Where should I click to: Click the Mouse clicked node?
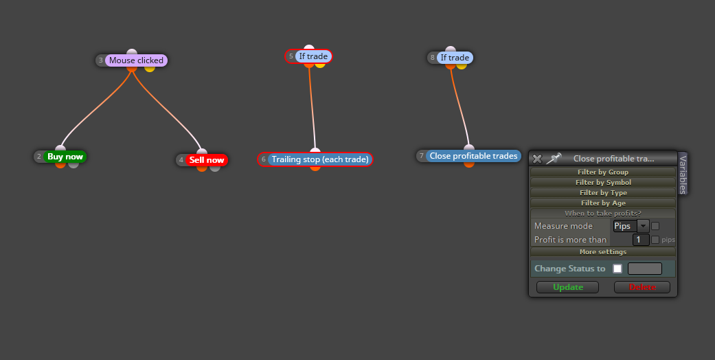(136, 60)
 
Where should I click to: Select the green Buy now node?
(65, 157)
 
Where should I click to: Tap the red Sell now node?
(207, 159)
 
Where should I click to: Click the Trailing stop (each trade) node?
(319, 159)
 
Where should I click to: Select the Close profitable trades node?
(473, 155)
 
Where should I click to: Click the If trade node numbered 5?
(313, 56)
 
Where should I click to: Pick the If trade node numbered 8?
(455, 58)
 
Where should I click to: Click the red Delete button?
(642, 287)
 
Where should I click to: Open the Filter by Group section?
(603, 172)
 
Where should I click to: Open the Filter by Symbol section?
(603, 183)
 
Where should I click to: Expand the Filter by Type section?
(603, 192)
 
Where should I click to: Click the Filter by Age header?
(603, 203)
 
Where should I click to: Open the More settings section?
(603, 252)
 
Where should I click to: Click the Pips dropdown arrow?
(643, 226)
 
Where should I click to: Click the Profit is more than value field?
(641, 240)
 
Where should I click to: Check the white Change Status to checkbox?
(617, 269)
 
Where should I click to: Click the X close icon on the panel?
(537, 159)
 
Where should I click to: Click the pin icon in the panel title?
(554, 158)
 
